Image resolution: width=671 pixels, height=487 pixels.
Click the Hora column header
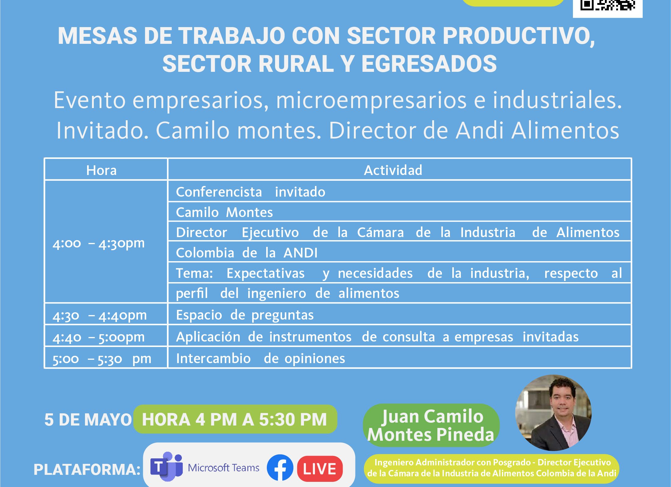101,170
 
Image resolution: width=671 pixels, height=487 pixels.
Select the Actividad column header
393,170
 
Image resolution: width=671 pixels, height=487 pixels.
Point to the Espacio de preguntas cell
399,314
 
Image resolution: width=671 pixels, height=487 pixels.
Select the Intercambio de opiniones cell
399,358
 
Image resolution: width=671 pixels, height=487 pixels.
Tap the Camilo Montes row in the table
399,212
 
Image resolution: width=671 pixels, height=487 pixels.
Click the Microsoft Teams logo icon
166,466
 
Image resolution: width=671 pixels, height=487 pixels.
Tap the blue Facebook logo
280,468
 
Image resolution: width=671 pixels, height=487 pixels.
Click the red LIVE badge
320,468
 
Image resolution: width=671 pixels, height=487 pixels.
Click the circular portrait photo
553,413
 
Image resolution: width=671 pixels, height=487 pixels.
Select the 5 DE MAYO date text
88,420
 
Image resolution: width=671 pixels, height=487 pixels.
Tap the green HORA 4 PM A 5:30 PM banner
235,419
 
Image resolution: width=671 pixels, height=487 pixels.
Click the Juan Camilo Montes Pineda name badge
431,425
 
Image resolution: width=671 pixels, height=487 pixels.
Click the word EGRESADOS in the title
429,64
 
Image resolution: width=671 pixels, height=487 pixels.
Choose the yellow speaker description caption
492,468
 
